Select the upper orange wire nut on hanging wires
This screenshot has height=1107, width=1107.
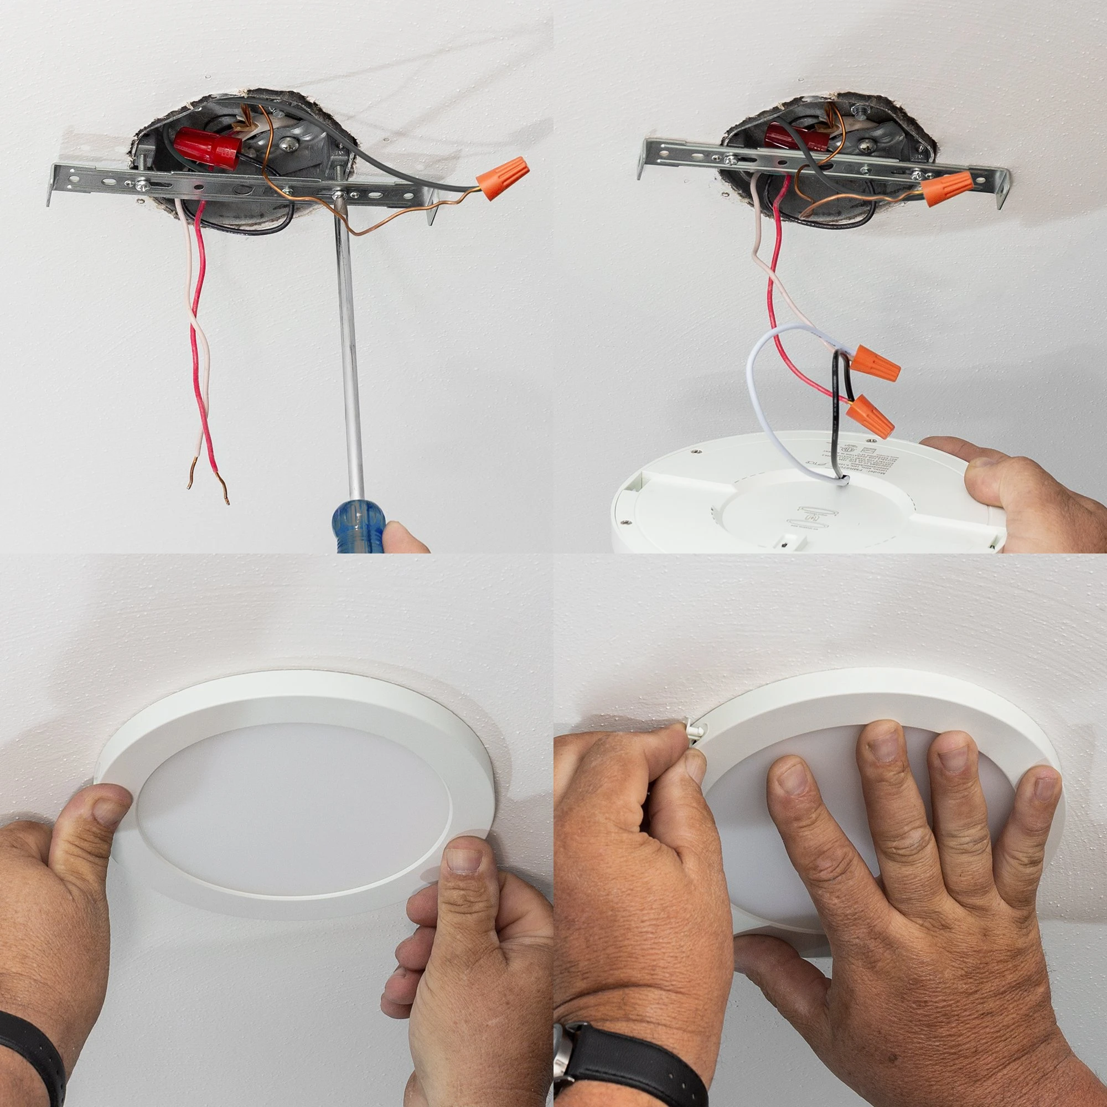875,365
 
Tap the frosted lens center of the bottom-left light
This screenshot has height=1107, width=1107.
292,802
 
